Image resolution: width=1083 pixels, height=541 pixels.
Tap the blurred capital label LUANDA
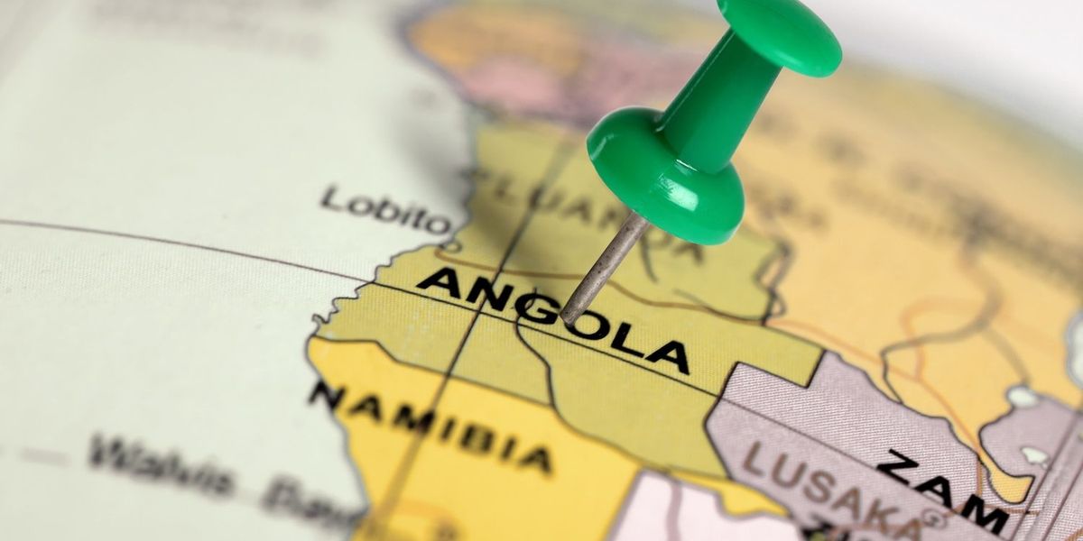578,203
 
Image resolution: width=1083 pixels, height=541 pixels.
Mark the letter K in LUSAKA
871,509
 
